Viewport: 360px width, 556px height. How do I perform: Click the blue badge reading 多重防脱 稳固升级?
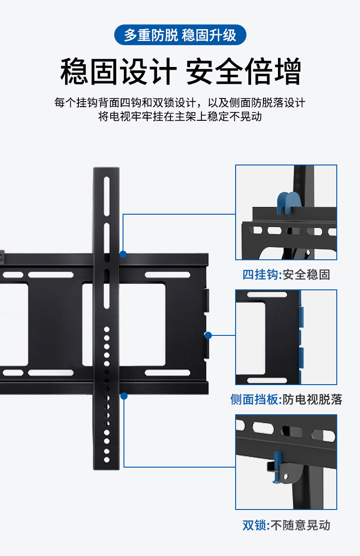coord(180,35)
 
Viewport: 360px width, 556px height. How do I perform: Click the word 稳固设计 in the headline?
coord(118,72)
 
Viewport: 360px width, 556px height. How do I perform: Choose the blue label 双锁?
coord(254,525)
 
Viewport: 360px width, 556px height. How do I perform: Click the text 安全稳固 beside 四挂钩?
coord(306,275)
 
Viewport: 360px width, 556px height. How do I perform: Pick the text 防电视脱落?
coord(312,400)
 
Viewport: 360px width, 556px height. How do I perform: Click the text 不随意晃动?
coord(300,525)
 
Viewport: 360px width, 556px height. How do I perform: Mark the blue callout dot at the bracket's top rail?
coord(123,254)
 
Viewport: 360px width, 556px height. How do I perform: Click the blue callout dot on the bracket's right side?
coord(208,335)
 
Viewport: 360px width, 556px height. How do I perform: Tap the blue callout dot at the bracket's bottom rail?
coord(123,396)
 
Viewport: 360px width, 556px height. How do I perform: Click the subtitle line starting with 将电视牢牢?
coord(180,116)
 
